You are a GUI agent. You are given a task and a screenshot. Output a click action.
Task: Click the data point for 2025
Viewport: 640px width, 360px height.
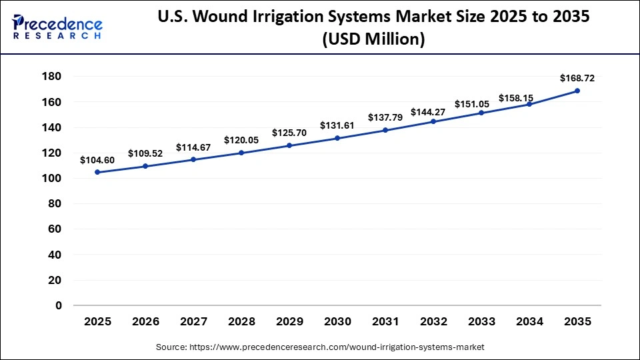click(97, 172)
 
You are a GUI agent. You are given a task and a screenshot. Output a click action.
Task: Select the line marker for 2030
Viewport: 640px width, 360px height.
click(337, 138)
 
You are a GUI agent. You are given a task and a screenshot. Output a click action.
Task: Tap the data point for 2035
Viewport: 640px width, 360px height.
click(577, 91)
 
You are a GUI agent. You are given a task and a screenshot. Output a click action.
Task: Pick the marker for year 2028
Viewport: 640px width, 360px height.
click(241, 153)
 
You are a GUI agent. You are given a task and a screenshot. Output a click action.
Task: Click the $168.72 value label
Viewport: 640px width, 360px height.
click(577, 78)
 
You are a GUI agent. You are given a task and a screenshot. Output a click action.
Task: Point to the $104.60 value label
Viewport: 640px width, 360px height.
click(97, 160)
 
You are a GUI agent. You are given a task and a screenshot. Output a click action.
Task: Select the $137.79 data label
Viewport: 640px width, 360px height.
click(385, 117)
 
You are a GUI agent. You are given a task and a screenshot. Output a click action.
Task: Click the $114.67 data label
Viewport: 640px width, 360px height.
click(193, 147)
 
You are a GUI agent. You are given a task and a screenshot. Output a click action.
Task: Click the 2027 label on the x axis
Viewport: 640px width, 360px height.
click(193, 322)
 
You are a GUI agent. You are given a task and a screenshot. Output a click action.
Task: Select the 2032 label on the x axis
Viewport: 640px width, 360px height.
click(433, 322)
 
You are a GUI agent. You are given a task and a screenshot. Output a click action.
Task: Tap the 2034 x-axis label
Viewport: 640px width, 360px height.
click(529, 322)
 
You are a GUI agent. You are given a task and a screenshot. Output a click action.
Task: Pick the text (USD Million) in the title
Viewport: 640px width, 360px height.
click(373, 39)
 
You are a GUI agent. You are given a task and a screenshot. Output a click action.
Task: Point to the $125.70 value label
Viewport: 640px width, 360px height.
click(289, 133)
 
